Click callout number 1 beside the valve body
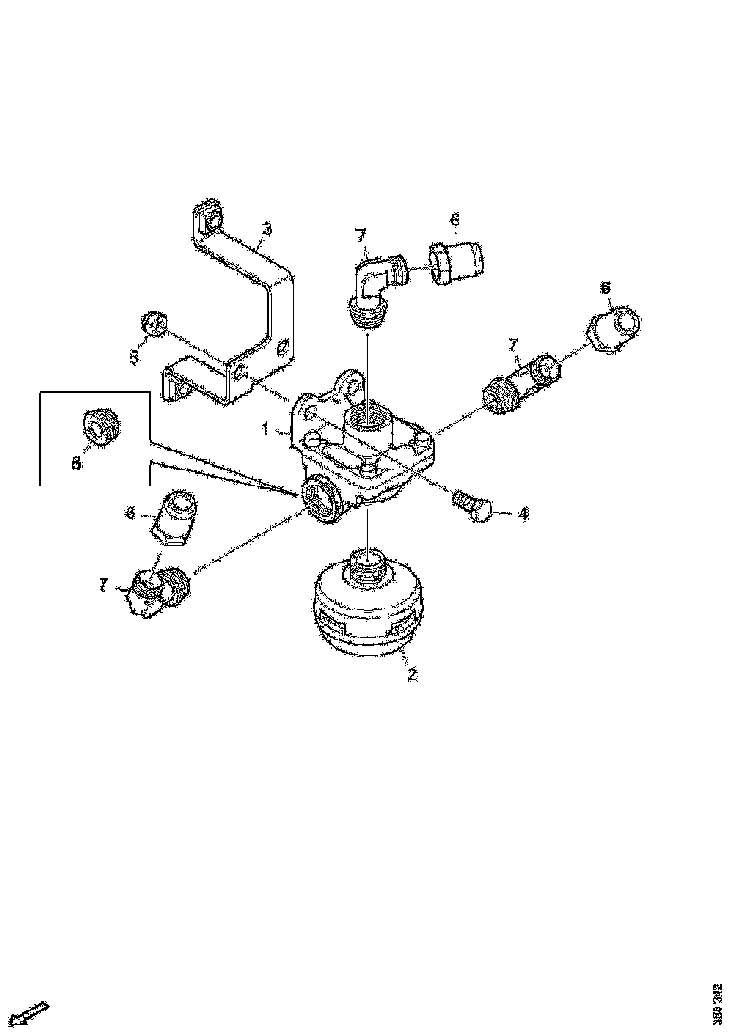click(x=266, y=429)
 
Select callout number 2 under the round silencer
click(x=412, y=672)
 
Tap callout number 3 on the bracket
click(x=267, y=228)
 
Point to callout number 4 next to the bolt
click(x=522, y=514)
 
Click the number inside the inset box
click(x=77, y=462)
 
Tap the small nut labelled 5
click(x=155, y=324)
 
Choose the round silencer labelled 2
click(x=367, y=610)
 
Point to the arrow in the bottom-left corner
click(x=31, y=1014)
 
